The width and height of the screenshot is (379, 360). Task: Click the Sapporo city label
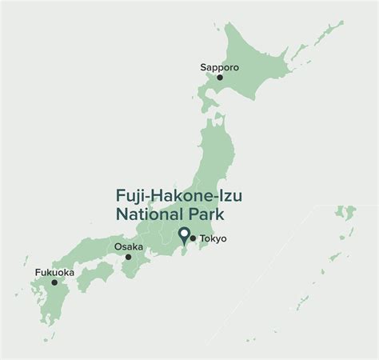(x=218, y=67)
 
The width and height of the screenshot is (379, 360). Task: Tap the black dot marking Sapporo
(x=220, y=78)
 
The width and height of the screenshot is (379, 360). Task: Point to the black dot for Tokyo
(x=193, y=238)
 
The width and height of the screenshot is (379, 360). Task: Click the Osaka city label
(x=129, y=246)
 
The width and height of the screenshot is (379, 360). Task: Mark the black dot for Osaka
(x=128, y=257)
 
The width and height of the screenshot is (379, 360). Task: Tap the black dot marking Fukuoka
(x=54, y=282)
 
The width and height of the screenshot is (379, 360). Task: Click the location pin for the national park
(x=184, y=235)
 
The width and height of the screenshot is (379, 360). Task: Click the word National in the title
(x=146, y=214)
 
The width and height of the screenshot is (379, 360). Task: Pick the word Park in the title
(x=203, y=214)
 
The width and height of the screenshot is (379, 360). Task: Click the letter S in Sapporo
(x=203, y=67)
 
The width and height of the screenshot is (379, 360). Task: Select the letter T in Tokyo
(x=202, y=238)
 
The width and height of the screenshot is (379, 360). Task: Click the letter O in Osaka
(x=117, y=246)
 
